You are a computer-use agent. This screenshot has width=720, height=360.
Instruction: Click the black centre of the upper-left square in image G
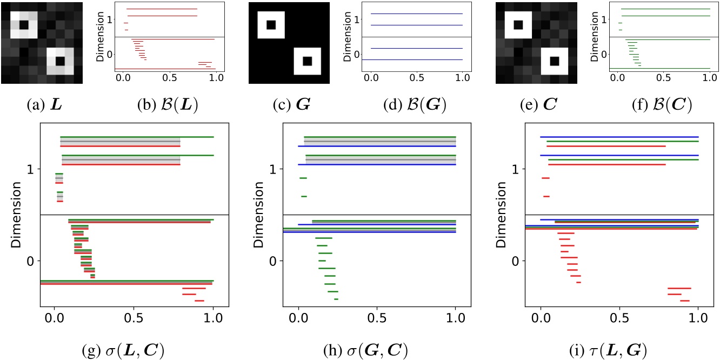click(271, 25)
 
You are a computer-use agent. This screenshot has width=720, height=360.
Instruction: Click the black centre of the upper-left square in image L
click(24, 25)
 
